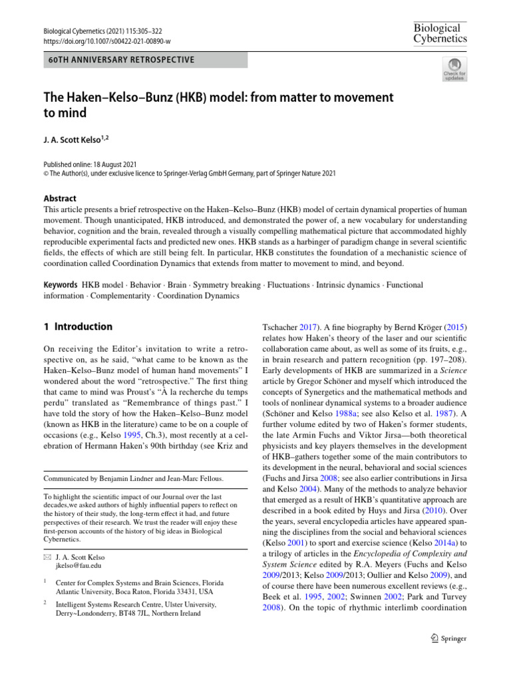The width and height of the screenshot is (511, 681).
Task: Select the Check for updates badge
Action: click(x=454, y=68)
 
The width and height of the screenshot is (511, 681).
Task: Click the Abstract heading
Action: click(x=60, y=198)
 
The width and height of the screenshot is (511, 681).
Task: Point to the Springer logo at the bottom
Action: click(x=440, y=639)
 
